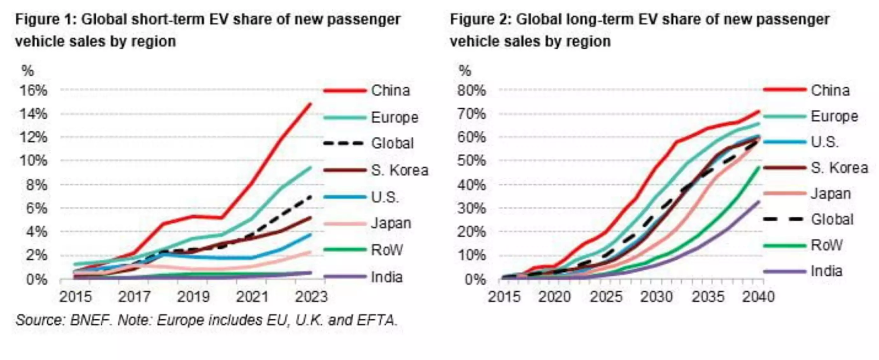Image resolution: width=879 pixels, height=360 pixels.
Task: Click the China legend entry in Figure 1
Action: (x=390, y=90)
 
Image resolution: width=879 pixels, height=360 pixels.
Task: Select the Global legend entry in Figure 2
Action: (x=832, y=219)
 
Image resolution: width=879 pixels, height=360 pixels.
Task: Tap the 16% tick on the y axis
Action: (x=34, y=90)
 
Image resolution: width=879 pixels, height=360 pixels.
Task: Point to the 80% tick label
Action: (x=472, y=90)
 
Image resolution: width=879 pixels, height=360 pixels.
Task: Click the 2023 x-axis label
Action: (x=311, y=297)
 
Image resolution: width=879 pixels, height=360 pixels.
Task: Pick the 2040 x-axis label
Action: (x=758, y=297)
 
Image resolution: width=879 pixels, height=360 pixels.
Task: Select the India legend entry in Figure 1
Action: (x=386, y=276)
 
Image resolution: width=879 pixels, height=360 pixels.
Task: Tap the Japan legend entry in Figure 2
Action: (x=831, y=193)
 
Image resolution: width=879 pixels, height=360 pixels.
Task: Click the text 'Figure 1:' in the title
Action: (x=46, y=19)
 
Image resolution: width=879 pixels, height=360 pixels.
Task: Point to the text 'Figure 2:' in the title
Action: (x=481, y=19)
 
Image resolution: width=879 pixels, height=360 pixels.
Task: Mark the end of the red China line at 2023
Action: (x=310, y=104)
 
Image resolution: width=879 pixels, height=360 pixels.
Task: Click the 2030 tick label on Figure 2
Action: (x=657, y=297)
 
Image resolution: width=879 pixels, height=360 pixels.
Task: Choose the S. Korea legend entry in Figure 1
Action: (x=399, y=170)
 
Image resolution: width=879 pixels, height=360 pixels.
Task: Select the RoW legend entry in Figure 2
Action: (x=826, y=245)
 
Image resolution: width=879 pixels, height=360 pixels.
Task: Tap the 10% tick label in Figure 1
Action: (x=34, y=160)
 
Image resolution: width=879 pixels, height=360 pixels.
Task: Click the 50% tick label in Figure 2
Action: (x=472, y=160)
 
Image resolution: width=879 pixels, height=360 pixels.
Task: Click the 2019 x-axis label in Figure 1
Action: (x=193, y=297)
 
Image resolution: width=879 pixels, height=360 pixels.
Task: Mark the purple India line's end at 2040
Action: (x=759, y=202)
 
